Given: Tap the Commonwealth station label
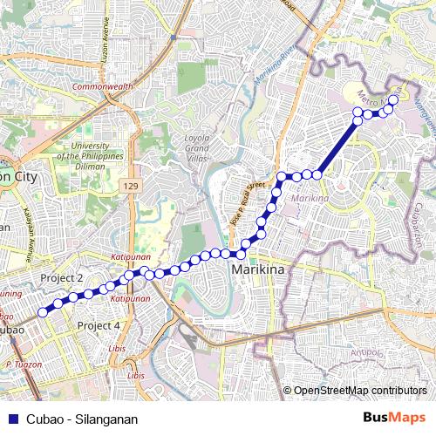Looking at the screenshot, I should pos(102,87).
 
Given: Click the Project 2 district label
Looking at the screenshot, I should pos(61,277).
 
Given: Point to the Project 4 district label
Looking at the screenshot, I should pos(99,325).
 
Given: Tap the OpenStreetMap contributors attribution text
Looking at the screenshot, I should pos(360,391).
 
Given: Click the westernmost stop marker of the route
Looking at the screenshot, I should pos(42,312).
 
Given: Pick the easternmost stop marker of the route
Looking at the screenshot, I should pos(392,100).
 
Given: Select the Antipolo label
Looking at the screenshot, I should pos(367,353).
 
